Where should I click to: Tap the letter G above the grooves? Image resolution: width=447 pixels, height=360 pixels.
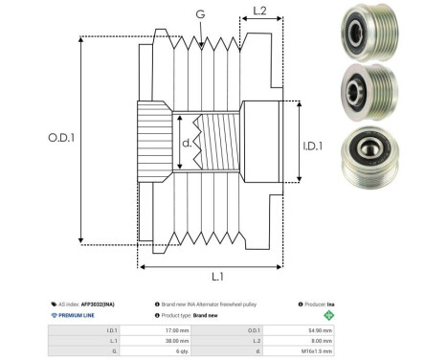point(199,14)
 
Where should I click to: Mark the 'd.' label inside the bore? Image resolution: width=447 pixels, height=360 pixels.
point(186,145)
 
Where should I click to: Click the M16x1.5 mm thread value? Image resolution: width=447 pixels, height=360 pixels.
point(317,351)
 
